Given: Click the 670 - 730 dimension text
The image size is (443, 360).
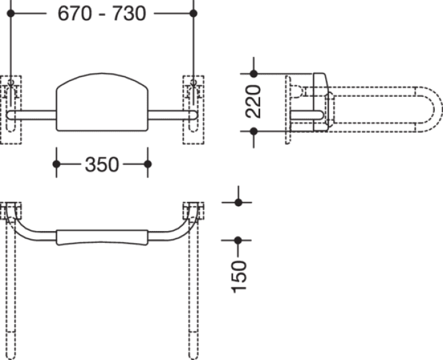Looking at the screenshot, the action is (102, 13).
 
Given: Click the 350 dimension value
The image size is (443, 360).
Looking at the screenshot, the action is (102, 164).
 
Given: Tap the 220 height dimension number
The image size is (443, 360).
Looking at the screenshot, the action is (253, 101).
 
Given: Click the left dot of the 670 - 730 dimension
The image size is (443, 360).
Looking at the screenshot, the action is (11, 13).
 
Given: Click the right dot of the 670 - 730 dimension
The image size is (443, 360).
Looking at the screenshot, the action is (194, 13).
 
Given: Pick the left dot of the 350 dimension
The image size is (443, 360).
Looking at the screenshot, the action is (56, 164).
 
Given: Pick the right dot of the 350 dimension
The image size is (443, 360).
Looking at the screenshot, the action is (147, 164).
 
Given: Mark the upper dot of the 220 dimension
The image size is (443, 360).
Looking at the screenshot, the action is (254, 74).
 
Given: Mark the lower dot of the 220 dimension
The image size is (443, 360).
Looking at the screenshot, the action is (254, 132).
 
